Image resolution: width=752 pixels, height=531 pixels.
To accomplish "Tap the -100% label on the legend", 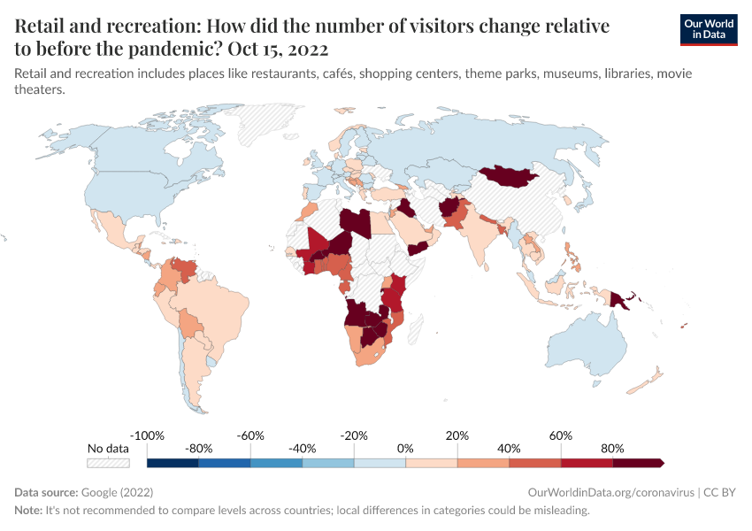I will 147,436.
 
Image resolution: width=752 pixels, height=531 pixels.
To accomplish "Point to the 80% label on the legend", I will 612,449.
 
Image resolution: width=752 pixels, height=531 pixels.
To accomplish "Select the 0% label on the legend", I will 405,449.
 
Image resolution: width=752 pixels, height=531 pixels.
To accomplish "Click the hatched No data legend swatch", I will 108,462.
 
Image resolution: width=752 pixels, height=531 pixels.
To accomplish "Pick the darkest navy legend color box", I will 173,462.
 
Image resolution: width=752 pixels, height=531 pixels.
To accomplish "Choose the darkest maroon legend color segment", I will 637,462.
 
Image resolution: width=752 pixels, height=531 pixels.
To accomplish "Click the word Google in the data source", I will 98,492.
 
